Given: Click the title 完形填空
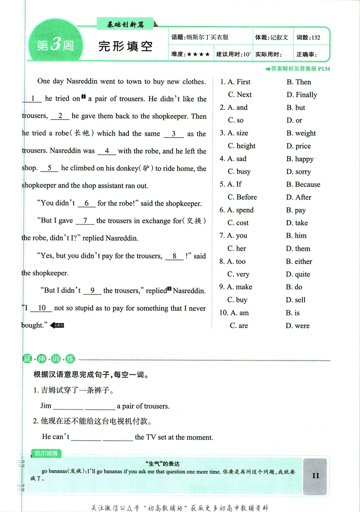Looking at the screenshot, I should (x=125, y=46).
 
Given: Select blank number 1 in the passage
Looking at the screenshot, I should (x=32, y=99).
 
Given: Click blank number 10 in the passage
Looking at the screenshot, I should (x=41, y=308).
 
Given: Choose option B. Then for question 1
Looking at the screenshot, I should (x=298, y=82).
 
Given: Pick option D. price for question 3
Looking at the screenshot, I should (x=298, y=146).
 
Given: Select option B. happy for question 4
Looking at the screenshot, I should (x=300, y=159).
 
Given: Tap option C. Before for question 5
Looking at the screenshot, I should (x=242, y=197).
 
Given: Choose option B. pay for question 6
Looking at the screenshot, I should (x=296, y=210).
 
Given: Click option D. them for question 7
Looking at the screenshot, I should (x=298, y=249).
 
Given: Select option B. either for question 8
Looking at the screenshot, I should (x=299, y=262).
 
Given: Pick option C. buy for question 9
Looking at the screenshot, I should (x=237, y=300).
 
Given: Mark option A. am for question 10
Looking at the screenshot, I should (x=234, y=313).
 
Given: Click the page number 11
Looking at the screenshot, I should (x=315, y=476).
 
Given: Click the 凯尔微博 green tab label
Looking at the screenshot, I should (x=46, y=453).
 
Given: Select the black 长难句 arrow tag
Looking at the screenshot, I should (x=57, y=325).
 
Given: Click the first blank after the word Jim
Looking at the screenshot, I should (x=68, y=407).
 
